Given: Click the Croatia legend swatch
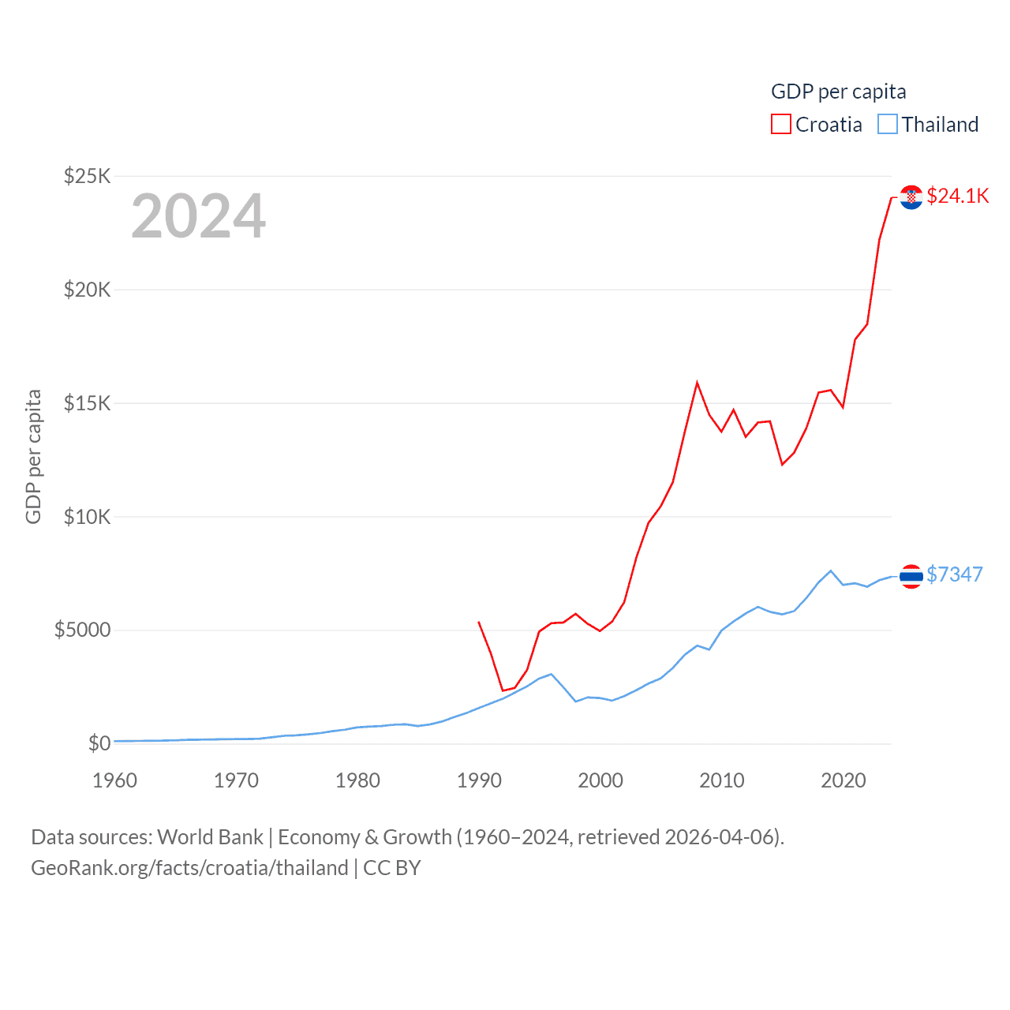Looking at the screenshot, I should [780, 125].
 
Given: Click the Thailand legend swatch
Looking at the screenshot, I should [888, 125].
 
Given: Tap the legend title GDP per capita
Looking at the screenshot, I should [838, 92].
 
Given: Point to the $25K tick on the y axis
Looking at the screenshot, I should [88, 176].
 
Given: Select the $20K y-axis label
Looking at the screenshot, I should [88, 290].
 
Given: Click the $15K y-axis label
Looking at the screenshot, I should [88, 403].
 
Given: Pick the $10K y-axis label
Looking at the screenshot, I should [88, 517].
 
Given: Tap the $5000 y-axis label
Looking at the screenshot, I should [82, 630].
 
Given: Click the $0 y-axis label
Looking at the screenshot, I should [99, 743].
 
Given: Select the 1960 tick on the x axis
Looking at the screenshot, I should [115, 780].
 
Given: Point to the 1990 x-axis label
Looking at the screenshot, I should [479, 780].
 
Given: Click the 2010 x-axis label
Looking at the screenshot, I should [722, 780].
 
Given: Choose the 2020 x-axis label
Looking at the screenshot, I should [844, 780].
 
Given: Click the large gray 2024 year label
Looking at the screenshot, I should [198, 216].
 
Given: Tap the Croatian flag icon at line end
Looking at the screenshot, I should [911, 197].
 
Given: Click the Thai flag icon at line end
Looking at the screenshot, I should [911, 577].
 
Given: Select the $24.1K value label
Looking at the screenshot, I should [957, 196].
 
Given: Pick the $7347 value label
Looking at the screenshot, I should [954, 574].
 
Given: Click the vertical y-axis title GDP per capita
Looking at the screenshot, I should [33, 456].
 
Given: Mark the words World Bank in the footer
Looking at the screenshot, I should [210, 837].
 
